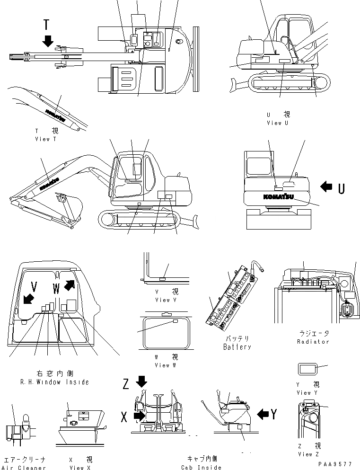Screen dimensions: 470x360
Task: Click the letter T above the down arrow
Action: click(x=46, y=25)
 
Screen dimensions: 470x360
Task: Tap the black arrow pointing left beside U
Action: click(x=326, y=187)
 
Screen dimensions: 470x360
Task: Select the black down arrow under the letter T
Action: click(x=47, y=41)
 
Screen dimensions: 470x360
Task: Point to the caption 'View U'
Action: click(x=277, y=123)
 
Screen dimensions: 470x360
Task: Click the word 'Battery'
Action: click(x=237, y=347)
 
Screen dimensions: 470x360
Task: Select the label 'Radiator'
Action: click(x=313, y=341)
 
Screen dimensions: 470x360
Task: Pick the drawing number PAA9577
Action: click(x=335, y=464)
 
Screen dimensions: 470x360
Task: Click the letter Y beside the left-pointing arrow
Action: click(x=273, y=414)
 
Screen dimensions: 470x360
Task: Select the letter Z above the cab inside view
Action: click(x=126, y=384)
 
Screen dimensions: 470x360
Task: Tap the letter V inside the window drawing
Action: click(x=33, y=286)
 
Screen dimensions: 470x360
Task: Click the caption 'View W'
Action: click(x=162, y=365)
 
